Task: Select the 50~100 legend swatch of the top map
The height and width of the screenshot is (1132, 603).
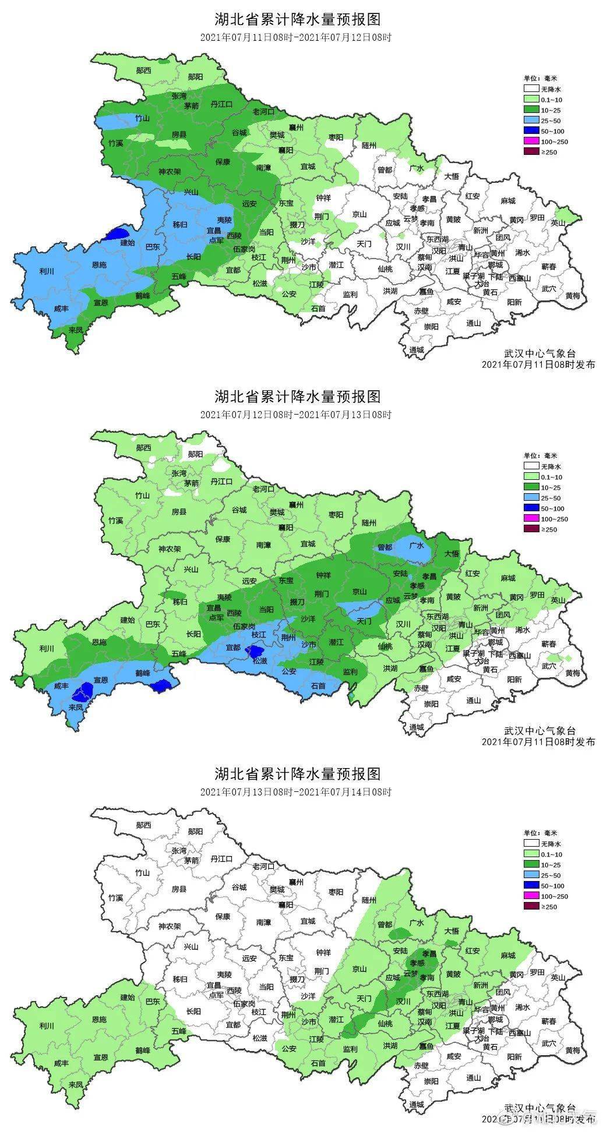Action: pos(530,131)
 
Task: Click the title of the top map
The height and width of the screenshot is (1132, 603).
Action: pos(297,19)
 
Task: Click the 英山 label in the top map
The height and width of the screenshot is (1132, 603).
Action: pos(558,222)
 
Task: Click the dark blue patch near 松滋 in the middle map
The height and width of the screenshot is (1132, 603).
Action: pos(254,650)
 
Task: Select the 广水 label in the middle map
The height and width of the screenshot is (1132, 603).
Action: pos(416,546)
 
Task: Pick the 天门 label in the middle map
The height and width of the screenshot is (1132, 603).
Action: pos(364,621)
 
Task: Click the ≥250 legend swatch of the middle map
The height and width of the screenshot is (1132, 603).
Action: pos(530,529)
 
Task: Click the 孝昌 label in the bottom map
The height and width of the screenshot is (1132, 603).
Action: pos(429,954)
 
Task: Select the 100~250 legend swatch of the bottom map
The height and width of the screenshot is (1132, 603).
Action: pos(530,896)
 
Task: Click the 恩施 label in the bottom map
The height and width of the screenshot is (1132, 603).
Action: pos(99,1020)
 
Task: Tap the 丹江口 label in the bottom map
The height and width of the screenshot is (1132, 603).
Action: pos(221,858)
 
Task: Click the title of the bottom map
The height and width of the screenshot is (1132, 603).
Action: pos(297,774)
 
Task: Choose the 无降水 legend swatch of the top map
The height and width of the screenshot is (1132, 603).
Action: pos(530,89)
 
